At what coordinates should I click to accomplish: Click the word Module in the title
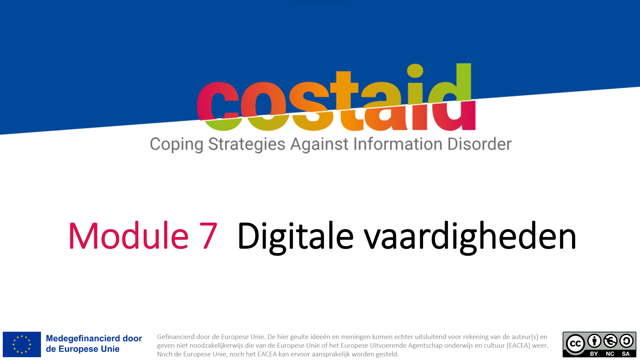[x=129, y=236]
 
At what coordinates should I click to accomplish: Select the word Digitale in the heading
[x=295, y=237]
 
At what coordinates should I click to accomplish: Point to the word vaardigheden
[x=470, y=237]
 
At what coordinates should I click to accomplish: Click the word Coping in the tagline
[x=176, y=145]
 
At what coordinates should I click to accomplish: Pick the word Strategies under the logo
[x=247, y=145]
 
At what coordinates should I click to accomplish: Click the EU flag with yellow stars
[x=22, y=344]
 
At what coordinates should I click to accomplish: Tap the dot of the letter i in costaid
[x=415, y=70]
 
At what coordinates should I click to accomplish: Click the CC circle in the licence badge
[x=575, y=344]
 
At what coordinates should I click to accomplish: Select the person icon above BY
[x=594, y=341]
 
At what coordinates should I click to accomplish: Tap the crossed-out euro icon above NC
[x=610, y=341]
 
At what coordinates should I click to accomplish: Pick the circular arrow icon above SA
[x=626, y=341]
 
